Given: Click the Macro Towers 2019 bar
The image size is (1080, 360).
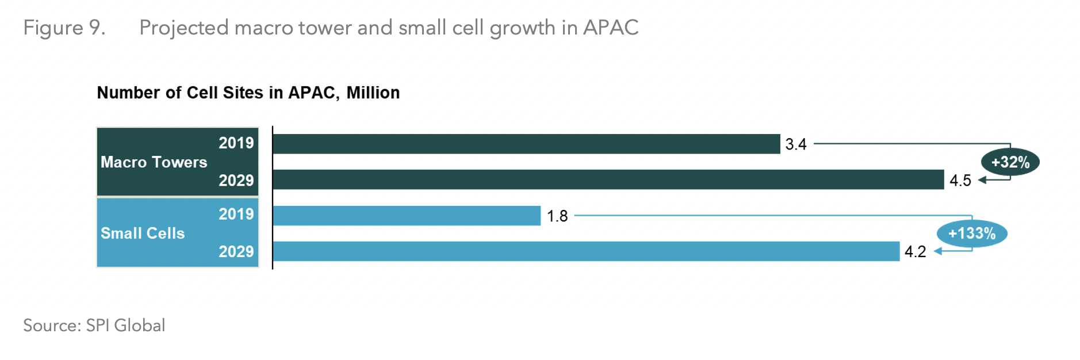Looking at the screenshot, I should click(x=526, y=144).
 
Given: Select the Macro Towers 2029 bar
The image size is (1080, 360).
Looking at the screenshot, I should click(x=608, y=179).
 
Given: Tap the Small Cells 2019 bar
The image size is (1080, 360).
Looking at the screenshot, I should click(x=407, y=216).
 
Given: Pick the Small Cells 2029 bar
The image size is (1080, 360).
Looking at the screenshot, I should click(x=586, y=251).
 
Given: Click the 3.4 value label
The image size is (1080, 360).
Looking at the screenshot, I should click(x=796, y=144).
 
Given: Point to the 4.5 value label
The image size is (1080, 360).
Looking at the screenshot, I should click(x=960, y=181).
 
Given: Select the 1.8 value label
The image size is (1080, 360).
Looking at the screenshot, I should click(x=557, y=216).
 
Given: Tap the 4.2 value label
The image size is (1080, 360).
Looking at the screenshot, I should click(x=915, y=252).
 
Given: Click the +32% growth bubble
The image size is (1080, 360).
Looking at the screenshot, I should click(x=1010, y=162).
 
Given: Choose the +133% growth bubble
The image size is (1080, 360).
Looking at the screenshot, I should click(x=971, y=233).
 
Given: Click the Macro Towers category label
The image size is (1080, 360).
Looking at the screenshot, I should click(x=154, y=162).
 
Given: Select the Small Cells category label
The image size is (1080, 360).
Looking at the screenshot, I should click(x=143, y=233).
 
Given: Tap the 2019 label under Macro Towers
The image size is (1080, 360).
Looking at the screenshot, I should click(x=236, y=143).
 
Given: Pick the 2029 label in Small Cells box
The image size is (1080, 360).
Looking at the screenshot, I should click(x=236, y=251).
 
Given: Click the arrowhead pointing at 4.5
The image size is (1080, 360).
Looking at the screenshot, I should click(x=982, y=180).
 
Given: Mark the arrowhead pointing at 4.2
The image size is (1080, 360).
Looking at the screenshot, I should click(x=937, y=251).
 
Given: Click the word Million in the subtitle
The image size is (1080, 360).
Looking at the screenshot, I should click(x=373, y=93).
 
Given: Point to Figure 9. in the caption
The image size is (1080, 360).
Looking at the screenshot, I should click(x=64, y=28).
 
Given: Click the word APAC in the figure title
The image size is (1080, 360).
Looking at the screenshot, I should click(x=610, y=28).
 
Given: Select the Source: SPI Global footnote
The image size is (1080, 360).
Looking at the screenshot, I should click(x=94, y=325).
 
